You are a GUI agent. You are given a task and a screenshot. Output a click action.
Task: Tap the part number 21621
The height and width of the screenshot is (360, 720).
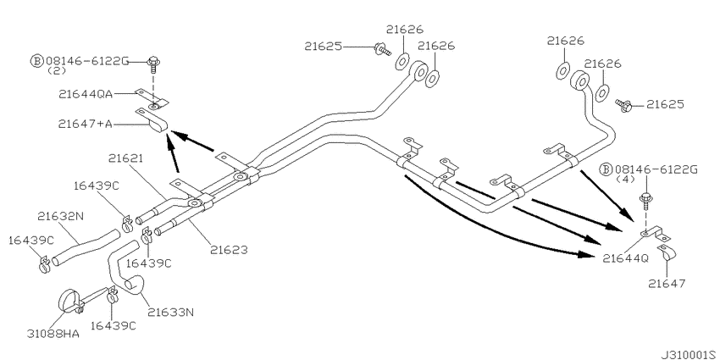(x=125, y=158)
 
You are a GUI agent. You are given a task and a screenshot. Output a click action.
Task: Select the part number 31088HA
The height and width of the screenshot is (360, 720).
(x=55, y=334)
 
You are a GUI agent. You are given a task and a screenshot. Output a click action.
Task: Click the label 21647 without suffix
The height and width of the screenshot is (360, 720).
(x=667, y=283)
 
